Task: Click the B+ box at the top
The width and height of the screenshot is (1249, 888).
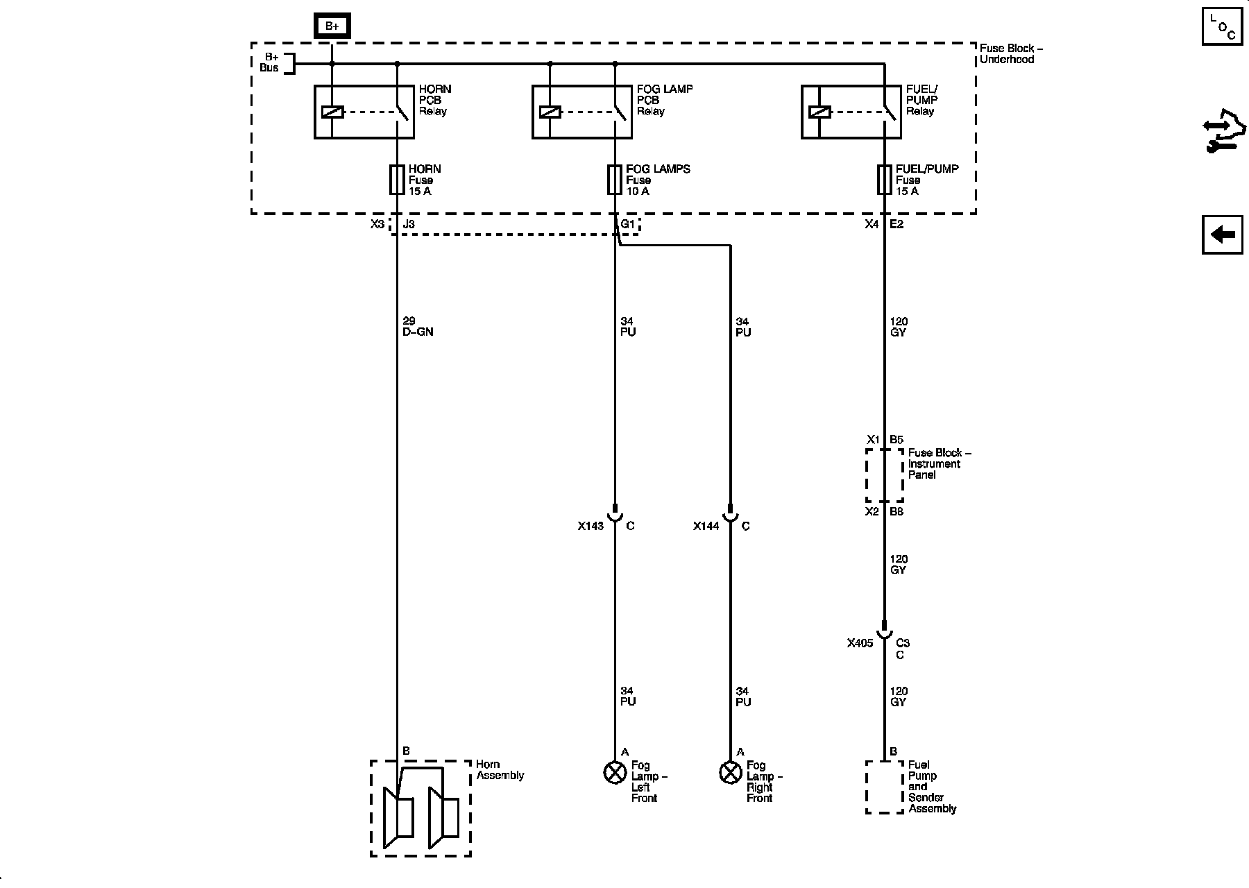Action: point(332,26)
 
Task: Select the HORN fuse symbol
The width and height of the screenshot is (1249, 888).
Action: point(397,180)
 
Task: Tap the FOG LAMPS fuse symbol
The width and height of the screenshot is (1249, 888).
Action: point(614,180)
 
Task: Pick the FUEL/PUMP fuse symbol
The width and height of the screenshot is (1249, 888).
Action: point(884,180)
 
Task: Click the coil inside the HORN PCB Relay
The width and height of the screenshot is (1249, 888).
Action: point(332,112)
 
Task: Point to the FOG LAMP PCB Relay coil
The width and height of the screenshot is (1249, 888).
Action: point(550,112)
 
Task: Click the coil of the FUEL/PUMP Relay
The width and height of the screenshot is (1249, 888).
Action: point(819,112)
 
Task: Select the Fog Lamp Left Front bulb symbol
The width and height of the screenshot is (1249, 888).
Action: point(615,772)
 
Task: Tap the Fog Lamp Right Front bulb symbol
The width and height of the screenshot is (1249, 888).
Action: point(730,772)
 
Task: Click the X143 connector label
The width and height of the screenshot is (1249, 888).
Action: point(590,527)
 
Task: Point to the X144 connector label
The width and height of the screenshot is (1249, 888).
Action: point(706,527)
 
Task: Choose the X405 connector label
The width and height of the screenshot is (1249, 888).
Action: point(860,643)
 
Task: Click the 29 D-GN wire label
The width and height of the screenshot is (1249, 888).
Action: point(418,327)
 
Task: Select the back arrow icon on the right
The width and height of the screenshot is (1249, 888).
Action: point(1222,235)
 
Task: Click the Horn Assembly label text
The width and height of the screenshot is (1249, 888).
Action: point(500,770)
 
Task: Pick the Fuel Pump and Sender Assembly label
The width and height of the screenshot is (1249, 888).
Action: point(932,787)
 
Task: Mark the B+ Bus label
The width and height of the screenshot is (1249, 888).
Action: point(269,62)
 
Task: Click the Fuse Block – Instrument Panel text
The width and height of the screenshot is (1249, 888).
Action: point(939,463)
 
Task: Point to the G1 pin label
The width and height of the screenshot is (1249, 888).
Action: point(627,224)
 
